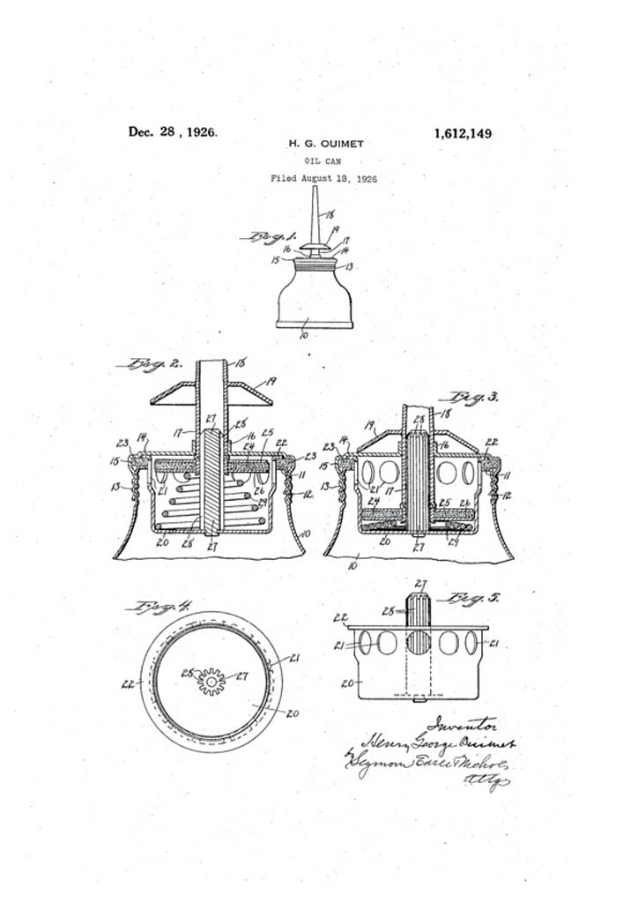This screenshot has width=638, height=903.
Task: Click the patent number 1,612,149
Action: click(x=462, y=134)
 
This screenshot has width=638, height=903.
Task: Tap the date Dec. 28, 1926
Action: click(x=173, y=132)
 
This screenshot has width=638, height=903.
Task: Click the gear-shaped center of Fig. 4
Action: click(x=211, y=681)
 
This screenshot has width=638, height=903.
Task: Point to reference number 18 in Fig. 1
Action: click(x=330, y=214)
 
